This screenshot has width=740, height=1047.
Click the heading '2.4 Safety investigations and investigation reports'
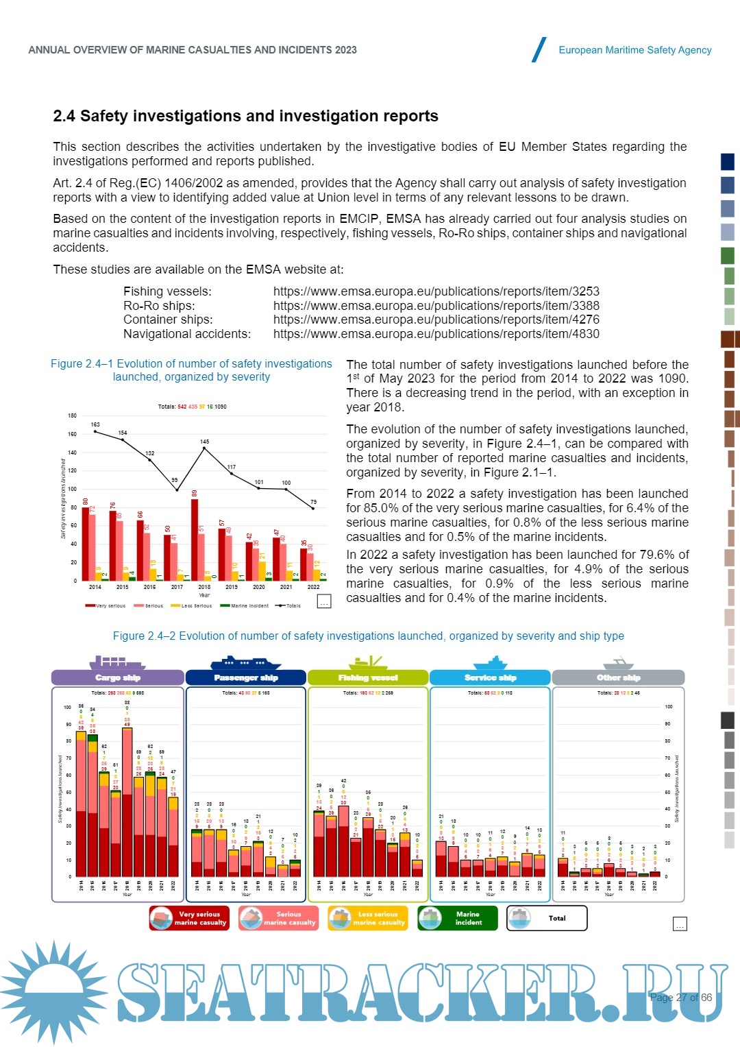tap(245, 116)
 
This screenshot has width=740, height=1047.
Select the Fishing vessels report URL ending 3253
tap(436, 291)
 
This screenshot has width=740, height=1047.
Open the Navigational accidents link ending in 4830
tap(436, 334)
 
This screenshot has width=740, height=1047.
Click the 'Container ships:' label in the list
tap(168, 320)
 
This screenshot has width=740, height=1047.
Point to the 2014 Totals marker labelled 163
tap(95, 431)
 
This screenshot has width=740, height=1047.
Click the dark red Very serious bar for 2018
tap(195, 540)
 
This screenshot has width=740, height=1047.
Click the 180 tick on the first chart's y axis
tap(72, 416)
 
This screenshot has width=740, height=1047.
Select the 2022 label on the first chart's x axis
tap(313, 587)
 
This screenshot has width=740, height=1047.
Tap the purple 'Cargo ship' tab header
tap(118, 677)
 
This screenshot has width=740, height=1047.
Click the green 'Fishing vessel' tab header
tap(368, 677)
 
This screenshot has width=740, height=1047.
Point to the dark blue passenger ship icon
tap(245, 663)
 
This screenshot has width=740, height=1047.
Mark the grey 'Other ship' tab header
tap(618, 677)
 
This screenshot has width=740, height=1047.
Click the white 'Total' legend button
tap(547, 918)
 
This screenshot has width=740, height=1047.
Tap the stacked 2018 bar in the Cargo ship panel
tap(127, 802)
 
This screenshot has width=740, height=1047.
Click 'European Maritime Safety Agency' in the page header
tap(634, 50)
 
